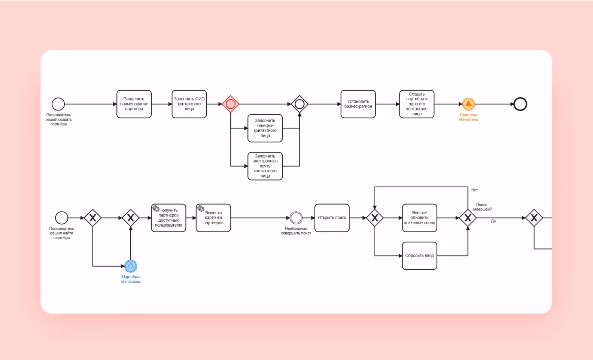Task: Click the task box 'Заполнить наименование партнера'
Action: pyautogui.click(x=134, y=104)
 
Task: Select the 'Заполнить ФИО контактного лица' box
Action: pyautogui.click(x=189, y=104)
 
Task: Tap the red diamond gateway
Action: pyautogui.click(x=231, y=104)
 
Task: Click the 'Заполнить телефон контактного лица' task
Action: pyautogui.click(x=265, y=128)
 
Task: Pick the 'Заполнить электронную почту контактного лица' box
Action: pyautogui.click(x=265, y=166)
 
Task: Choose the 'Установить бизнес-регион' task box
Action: pyautogui.click(x=358, y=104)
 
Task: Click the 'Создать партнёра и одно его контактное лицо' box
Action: pyautogui.click(x=417, y=104)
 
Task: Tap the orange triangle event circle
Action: pyautogui.click(x=468, y=104)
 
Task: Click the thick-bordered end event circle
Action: pyautogui.click(x=520, y=104)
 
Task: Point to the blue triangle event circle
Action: pyautogui.click(x=131, y=266)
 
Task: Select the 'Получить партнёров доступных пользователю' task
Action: pyautogui.click(x=168, y=218)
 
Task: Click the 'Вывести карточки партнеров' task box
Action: pyautogui.click(x=213, y=218)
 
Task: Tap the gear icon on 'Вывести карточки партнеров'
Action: pyautogui.click(x=201, y=209)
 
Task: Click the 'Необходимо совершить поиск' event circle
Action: pyautogui.click(x=296, y=218)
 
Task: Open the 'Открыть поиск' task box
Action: pyautogui.click(x=332, y=218)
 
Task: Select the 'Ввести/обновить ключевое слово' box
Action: pyautogui.click(x=419, y=218)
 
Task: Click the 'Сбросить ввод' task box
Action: pyautogui.click(x=419, y=256)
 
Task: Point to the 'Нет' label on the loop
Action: pyautogui.click(x=475, y=190)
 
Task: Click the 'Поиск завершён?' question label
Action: pyautogui.click(x=482, y=207)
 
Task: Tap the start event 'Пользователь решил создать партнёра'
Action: pyautogui.click(x=58, y=104)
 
